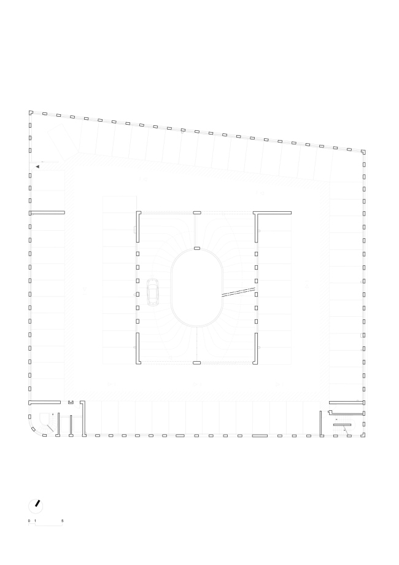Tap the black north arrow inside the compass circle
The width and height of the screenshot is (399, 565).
click(x=37, y=504)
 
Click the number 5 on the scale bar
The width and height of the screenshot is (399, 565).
click(x=63, y=521)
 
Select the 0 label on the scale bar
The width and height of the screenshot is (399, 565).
click(x=29, y=521)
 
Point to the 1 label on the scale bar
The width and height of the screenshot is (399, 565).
click(x=36, y=521)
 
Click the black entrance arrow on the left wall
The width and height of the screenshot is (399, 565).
click(x=37, y=166)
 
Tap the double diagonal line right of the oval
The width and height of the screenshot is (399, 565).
click(x=238, y=292)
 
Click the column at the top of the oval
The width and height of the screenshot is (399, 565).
click(x=196, y=248)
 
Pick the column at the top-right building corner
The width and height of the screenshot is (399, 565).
click(x=364, y=151)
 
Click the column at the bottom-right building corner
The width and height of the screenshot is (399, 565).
click(x=365, y=435)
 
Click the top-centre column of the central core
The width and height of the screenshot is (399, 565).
click(x=196, y=212)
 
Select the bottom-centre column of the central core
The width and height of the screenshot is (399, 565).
click(x=196, y=364)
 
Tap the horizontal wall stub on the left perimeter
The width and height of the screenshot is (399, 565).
click(x=47, y=212)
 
